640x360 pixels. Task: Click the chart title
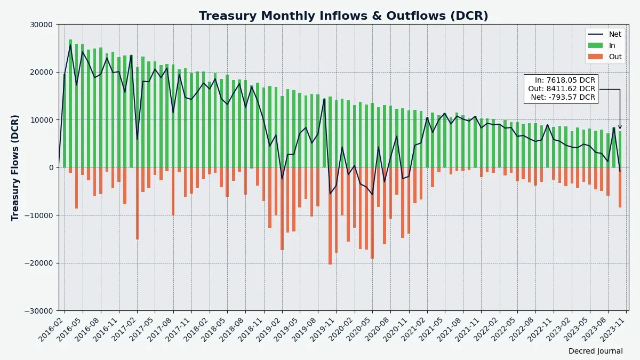point(343,16)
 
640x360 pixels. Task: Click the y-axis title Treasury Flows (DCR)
point(15,167)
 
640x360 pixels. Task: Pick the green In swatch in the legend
point(595,45)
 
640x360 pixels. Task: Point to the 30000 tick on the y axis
point(41,25)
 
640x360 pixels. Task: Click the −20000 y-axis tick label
point(38,263)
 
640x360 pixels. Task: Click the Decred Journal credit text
point(595,351)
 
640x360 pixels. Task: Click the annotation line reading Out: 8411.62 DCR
point(562,89)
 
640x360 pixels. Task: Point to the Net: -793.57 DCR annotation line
point(563,97)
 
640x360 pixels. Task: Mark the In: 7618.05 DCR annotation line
point(565,80)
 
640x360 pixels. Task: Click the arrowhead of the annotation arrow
point(620,127)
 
